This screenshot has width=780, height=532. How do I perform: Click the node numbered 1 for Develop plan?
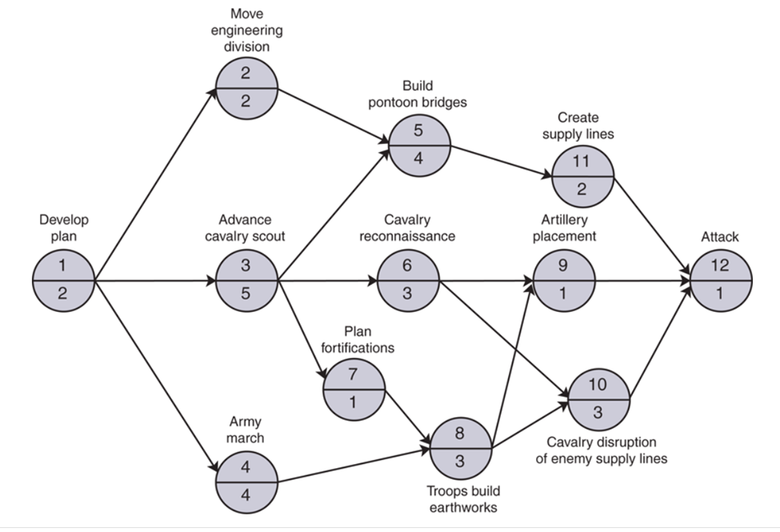click(x=63, y=281)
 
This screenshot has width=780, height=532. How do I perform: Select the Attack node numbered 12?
click(x=721, y=281)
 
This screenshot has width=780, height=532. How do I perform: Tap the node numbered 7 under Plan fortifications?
click(x=354, y=390)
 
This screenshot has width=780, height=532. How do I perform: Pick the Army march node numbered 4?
click(x=246, y=482)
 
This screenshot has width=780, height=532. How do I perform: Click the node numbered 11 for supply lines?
click(x=582, y=175)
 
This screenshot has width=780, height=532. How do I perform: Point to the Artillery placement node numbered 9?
click(x=564, y=281)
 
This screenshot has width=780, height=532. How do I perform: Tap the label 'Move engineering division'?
click(x=246, y=30)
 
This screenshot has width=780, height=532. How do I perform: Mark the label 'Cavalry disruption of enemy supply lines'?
click(x=607, y=450)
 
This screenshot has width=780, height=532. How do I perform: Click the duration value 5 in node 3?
click(x=246, y=294)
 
